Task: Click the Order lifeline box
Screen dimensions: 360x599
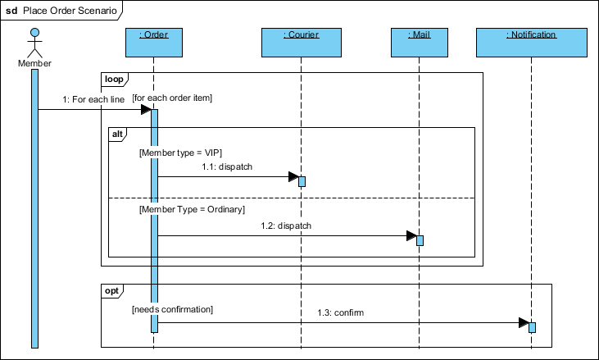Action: [x=154, y=43]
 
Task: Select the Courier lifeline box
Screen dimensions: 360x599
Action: [x=301, y=43]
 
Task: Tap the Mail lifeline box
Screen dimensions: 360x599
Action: [x=420, y=43]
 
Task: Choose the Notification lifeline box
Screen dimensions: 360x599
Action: [x=531, y=43]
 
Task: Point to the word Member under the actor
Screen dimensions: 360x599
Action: [x=34, y=63]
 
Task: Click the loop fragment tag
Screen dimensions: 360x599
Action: [x=113, y=80]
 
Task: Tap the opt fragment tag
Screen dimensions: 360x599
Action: [x=112, y=291]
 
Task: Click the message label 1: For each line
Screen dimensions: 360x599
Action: [x=93, y=99]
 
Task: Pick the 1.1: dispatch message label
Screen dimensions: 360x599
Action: [x=227, y=166]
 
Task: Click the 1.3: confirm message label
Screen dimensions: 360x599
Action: [x=341, y=312]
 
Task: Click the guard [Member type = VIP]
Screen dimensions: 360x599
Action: [x=181, y=153]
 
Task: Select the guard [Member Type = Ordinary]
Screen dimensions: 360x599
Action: [x=192, y=210]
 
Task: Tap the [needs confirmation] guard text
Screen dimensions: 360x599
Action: [x=172, y=309]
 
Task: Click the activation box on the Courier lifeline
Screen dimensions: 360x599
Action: [x=302, y=181]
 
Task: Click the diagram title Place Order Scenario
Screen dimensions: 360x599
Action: [x=68, y=10]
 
